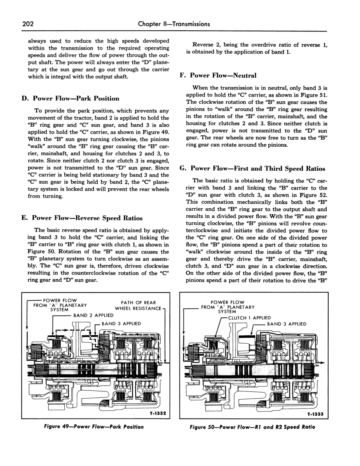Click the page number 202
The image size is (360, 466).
[x=28, y=24]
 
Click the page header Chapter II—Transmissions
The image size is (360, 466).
[x=174, y=24]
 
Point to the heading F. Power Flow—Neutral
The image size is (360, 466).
[x=218, y=75]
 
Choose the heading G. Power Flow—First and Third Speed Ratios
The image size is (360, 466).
[x=252, y=169]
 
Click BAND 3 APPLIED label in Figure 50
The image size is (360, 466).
[x=287, y=324]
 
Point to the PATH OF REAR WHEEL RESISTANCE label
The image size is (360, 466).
[x=138, y=305]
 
